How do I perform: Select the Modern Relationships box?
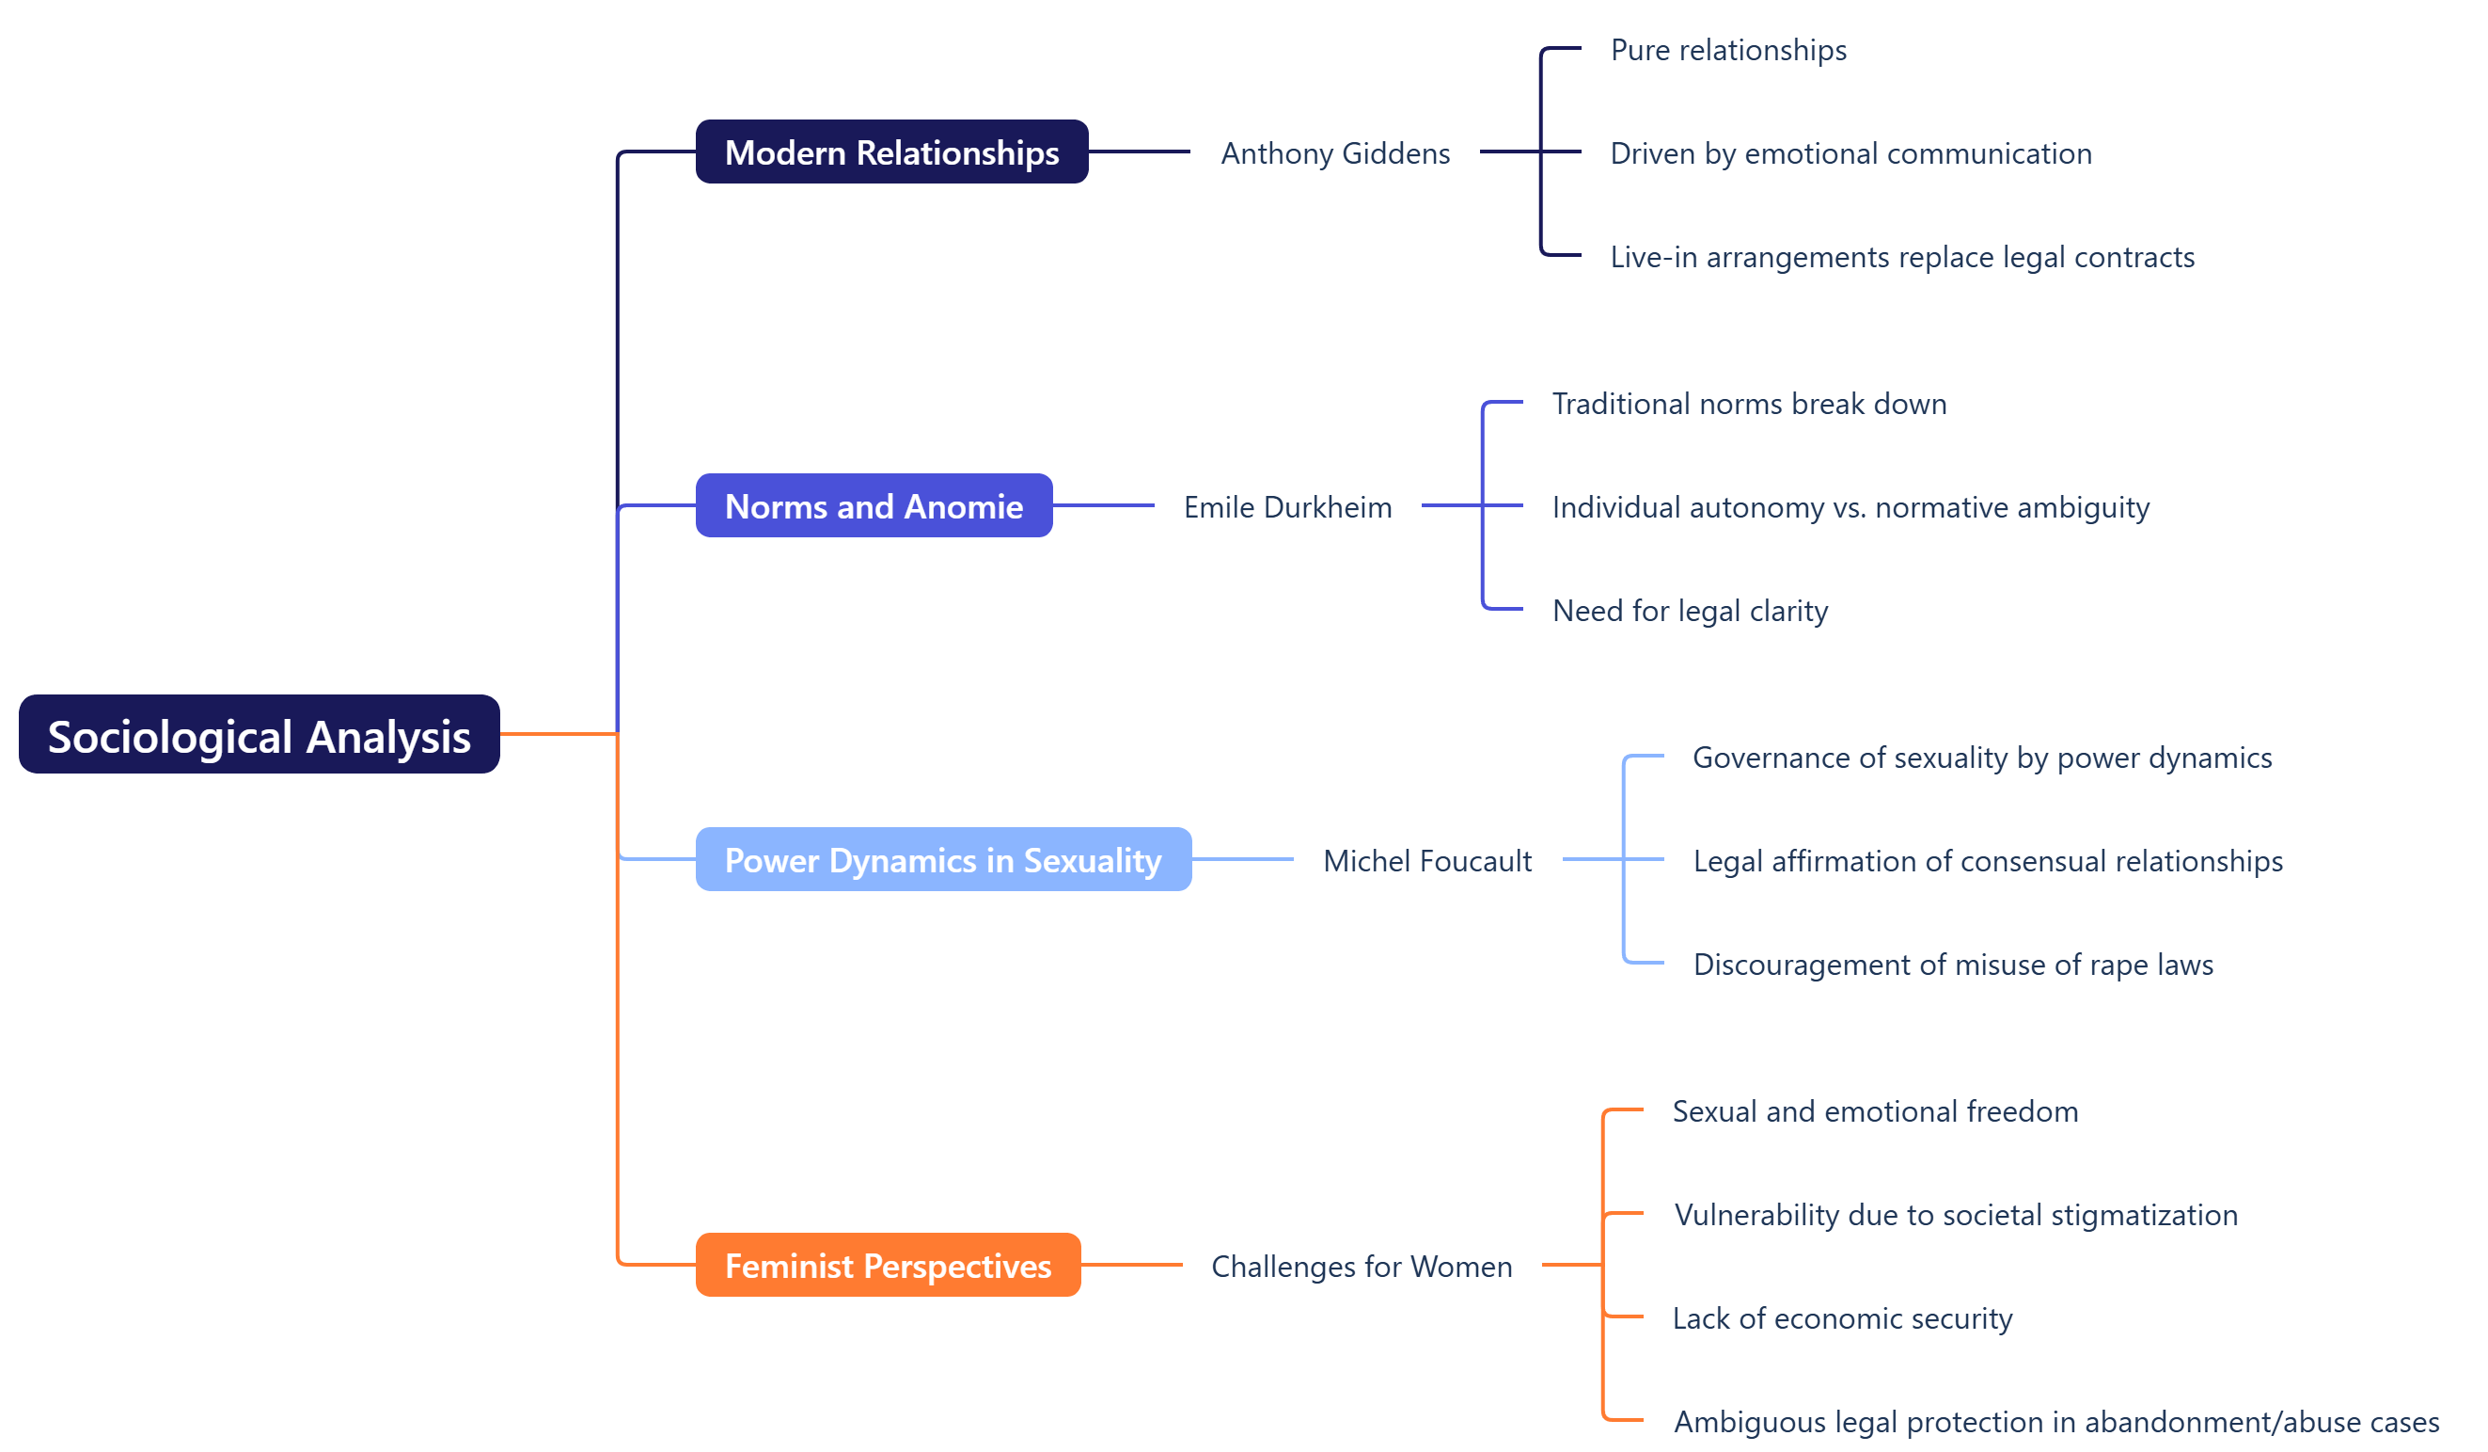(x=891, y=152)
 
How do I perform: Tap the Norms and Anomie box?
(x=874, y=505)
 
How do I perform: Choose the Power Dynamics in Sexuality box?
(x=943, y=859)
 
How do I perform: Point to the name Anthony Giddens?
(x=1335, y=153)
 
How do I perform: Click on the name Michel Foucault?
(x=1426, y=860)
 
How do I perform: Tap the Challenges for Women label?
(x=1362, y=1267)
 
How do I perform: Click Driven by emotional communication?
(x=1850, y=153)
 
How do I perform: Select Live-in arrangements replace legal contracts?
(x=1901, y=257)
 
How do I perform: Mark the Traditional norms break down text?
(x=1749, y=403)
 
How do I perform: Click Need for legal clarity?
(x=1690, y=611)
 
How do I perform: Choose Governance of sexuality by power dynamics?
(x=1981, y=757)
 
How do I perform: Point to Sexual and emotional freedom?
(x=1875, y=1111)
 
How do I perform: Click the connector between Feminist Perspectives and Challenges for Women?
(x=1131, y=1265)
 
